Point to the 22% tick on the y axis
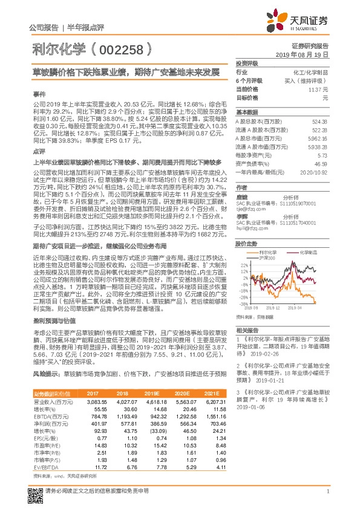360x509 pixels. tap(243, 248)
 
